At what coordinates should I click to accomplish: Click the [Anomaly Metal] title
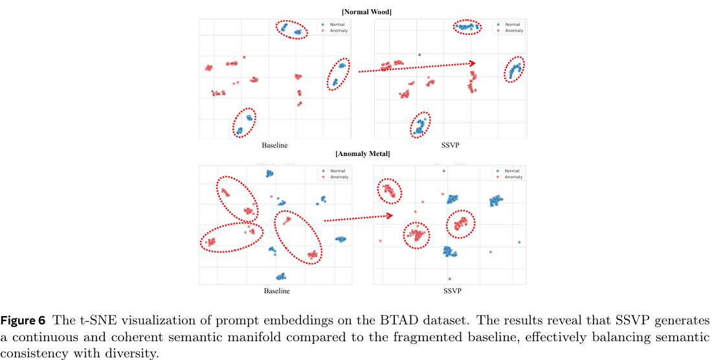pyautogui.click(x=363, y=154)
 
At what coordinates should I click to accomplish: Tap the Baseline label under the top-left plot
pyautogui.click(x=275, y=145)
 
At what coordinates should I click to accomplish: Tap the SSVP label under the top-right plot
pyautogui.click(x=451, y=145)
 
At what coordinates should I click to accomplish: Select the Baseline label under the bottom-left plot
pyautogui.click(x=276, y=291)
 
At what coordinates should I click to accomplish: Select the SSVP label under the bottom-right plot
pyautogui.click(x=452, y=291)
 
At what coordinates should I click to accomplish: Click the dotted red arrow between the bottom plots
pyautogui.click(x=358, y=218)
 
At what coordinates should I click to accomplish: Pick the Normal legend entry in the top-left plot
pyautogui.click(x=335, y=25)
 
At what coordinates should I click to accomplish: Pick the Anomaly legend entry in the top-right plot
pyautogui.click(x=513, y=30)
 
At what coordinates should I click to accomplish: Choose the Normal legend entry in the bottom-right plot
pyautogui.click(x=511, y=171)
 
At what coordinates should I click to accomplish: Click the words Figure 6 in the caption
pyautogui.click(x=23, y=321)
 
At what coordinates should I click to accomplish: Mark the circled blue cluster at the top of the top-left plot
pyautogui.click(x=292, y=29)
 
